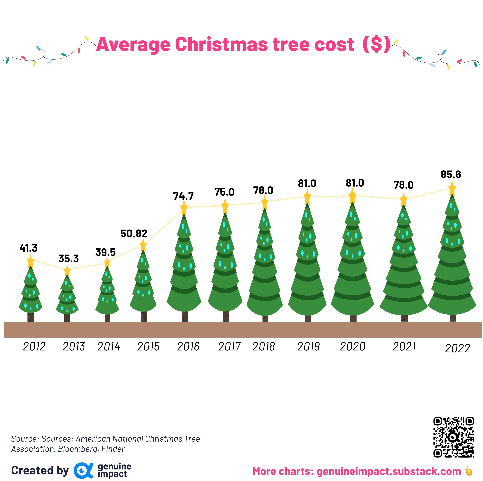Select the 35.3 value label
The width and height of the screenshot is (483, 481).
point(68,258)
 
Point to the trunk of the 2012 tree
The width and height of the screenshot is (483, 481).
point(31,317)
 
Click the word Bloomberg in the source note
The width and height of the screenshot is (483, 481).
point(78,449)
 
